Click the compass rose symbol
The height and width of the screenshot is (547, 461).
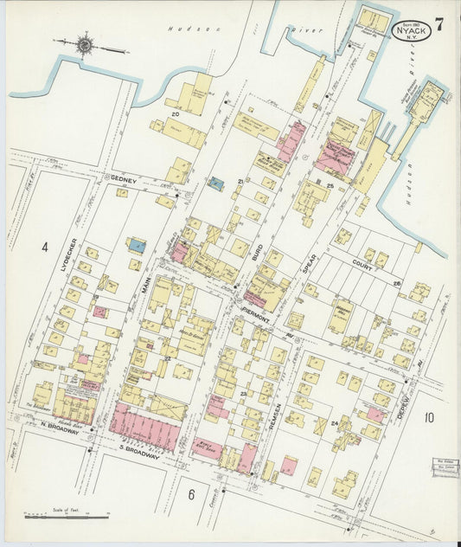pyautogui.click(x=85, y=42)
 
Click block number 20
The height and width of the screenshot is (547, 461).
pyautogui.click(x=175, y=113)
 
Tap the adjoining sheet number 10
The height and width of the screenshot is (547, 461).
pyautogui.click(x=429, y=417)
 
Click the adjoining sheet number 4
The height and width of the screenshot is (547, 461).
pyautogui.click(x=43, y=247)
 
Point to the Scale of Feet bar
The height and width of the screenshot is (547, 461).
pyautogui.click(x=66, y=517)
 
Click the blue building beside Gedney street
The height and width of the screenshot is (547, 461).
pyautogui.click(x=216, y=183)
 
